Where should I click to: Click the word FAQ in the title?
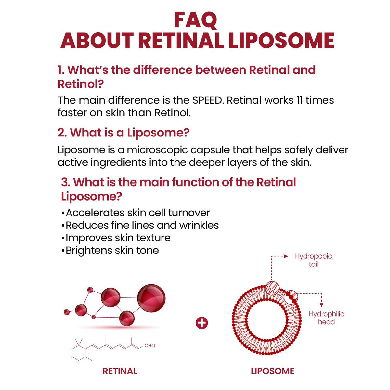coord(195,20)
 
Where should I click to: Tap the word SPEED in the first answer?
coord(208,100)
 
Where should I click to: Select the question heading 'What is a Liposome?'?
coord(123,133)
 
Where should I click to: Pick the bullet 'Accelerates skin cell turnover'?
coord(136,213)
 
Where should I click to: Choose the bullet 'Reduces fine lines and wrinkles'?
coord(140,225)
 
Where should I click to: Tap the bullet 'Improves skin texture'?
coord(116,238)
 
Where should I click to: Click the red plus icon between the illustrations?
coord(202,323)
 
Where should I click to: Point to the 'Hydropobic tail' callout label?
coord(313,260)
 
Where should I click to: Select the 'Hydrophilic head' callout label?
coord(326,318)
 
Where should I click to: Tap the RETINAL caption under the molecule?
coord(120,371)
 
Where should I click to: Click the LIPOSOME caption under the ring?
coord(272,371)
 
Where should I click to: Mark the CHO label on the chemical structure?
coord(150,346)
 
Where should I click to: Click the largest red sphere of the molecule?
coord(151,298)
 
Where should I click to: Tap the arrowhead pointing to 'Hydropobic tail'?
coord(286,256)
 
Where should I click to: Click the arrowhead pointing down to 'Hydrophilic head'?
coord(321,305)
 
